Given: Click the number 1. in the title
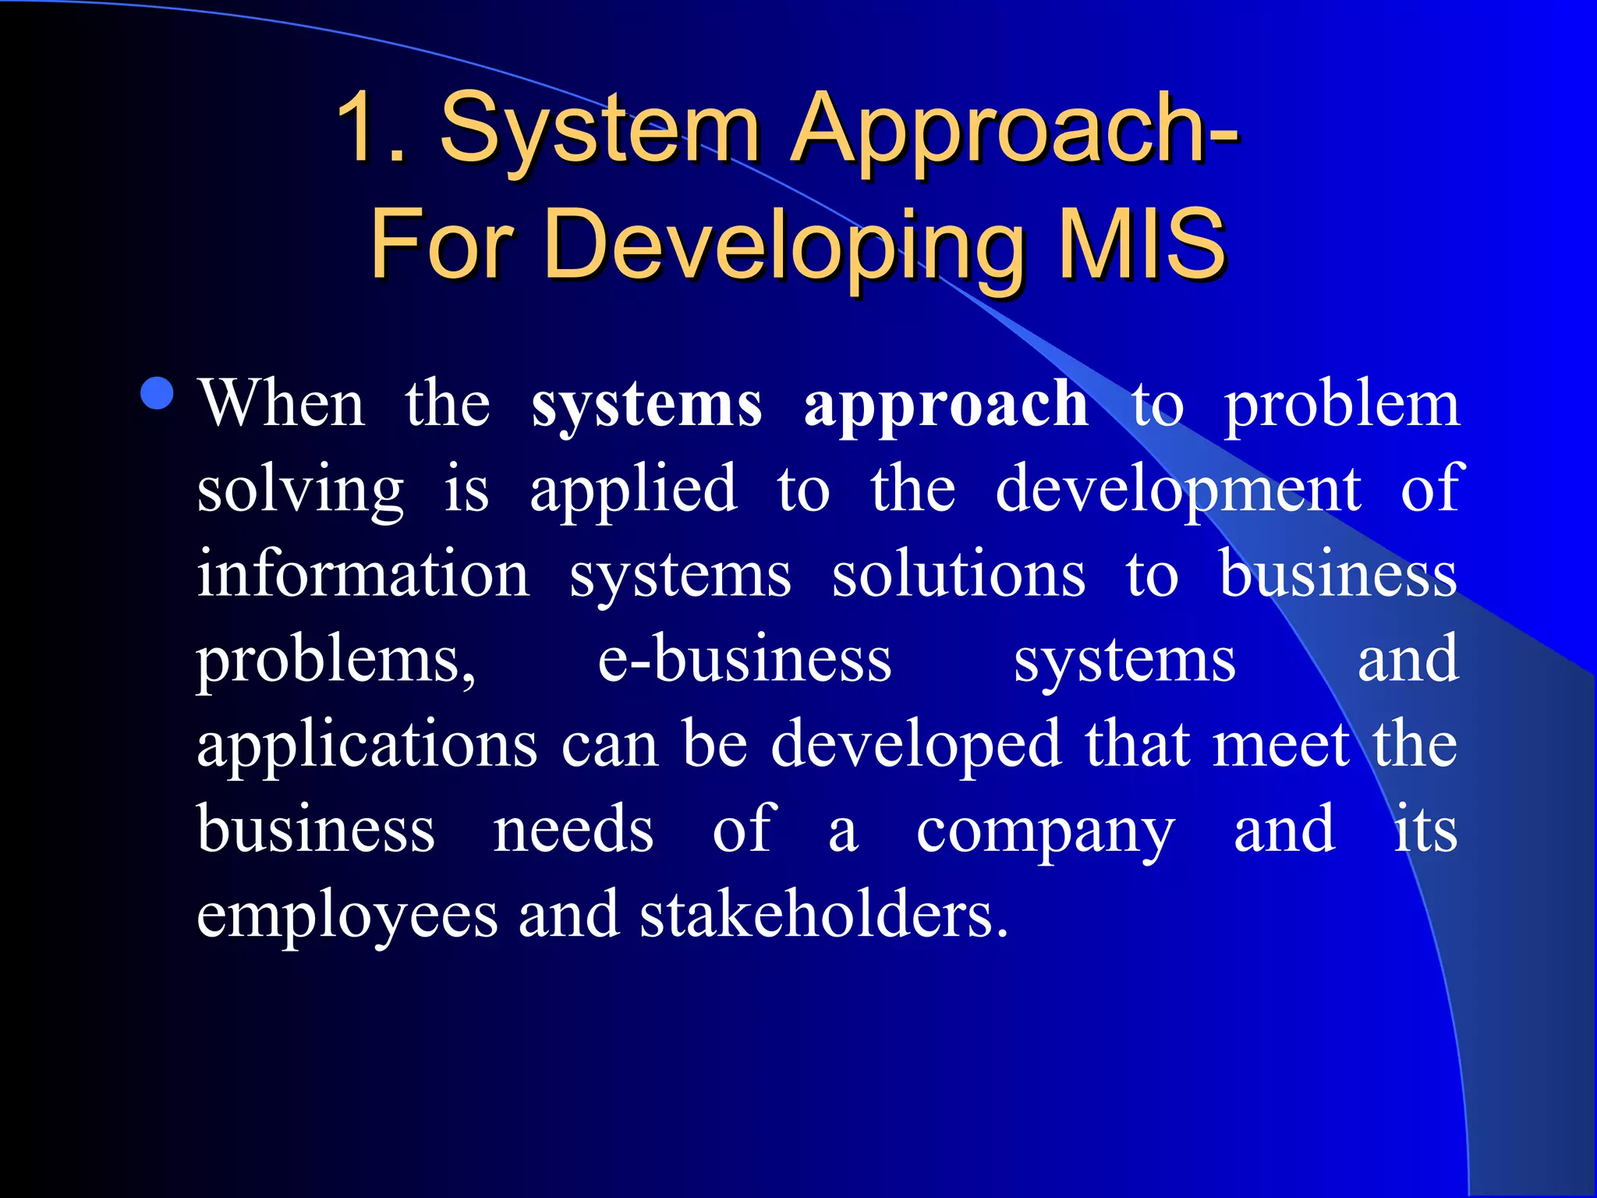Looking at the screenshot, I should click(x=371, y=127).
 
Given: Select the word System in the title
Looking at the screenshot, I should click(x=600, y=129).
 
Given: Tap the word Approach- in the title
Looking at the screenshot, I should click(x=1015, y=129).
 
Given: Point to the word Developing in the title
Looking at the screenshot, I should click(x=783, y=246).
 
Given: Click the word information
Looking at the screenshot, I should click(x=363, y=574).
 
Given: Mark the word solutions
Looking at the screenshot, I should click(x=958, y=574).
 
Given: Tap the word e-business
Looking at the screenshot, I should click(x=745, y=660).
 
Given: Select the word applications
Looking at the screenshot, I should click(x=367, y=746).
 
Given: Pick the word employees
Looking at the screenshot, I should click(x=347, y=916).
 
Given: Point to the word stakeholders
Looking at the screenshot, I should click(x=823, y=914).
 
